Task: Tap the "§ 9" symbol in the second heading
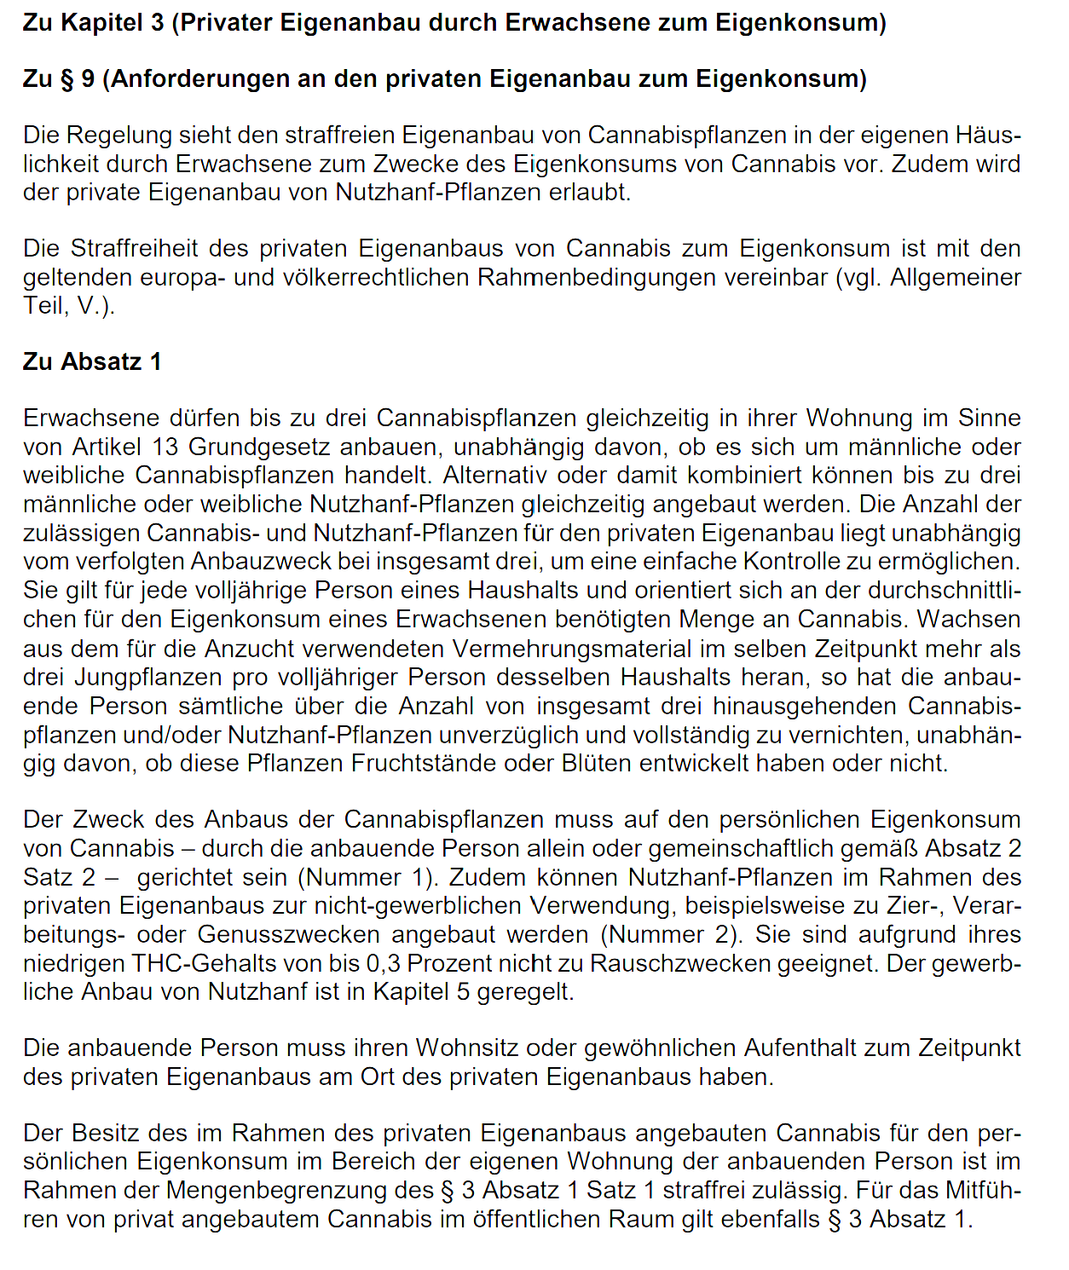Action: (78, 78)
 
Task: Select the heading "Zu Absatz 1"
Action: (92, 361)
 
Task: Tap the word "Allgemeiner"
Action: (956, 277)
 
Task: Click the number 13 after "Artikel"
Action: (165, 447)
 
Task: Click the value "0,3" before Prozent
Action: (383, 963)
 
